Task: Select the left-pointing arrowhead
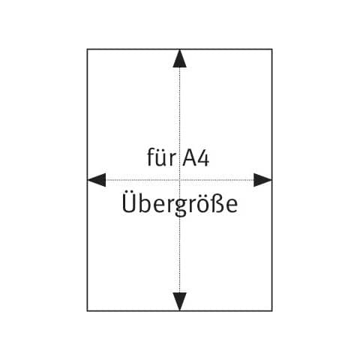[97, 180]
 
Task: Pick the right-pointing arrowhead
[262, 180]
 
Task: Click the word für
[161, 157]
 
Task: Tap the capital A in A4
[189, 157]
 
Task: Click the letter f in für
[151, 157]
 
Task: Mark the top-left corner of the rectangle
[87, 49]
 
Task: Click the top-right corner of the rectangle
[272, 49]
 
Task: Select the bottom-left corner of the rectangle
[87, 311]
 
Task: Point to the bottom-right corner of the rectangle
[272, 311]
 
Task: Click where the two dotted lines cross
[179, 180]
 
